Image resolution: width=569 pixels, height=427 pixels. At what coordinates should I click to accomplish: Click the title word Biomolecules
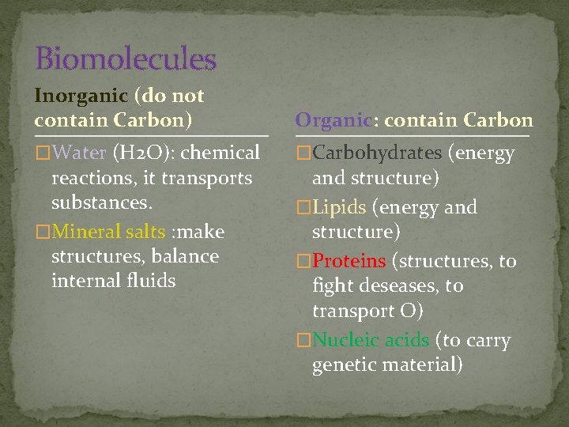tap(126, 59)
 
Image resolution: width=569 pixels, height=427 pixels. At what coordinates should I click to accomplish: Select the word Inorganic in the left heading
tap(81, 96)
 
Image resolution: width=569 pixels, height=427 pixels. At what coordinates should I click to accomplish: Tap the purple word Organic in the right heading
tap(333, 120)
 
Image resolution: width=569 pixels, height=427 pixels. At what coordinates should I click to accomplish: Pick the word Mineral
tap(86, 232)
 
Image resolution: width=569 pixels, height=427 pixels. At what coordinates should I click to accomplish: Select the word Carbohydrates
tap(377, 153)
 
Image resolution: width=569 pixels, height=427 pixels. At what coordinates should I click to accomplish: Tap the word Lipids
tap(339, 207)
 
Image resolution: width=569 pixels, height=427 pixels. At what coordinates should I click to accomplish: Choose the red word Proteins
tap(349, 261)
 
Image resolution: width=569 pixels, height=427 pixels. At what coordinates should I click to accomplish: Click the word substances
tap(101, 202)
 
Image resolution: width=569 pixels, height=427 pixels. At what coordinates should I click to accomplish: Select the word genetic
tap(344, 365)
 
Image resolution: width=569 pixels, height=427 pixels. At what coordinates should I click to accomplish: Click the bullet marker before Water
tap(43, 153)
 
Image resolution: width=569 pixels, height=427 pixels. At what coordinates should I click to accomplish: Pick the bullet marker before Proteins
tap(303, 261)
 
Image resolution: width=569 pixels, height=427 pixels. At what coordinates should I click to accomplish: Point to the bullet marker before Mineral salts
tap(43, 232)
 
